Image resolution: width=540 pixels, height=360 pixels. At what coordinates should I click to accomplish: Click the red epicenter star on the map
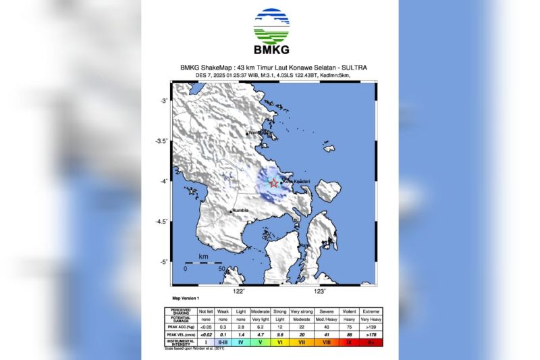pyautogui.click(x=273, y=182)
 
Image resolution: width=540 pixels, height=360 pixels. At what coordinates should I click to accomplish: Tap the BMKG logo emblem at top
pyautogui.click(x=271, y=26)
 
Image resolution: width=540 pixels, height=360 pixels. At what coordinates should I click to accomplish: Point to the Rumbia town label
pyautogui.click(x=240, y=210)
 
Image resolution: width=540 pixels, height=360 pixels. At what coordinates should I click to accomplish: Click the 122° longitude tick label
pyautogui.click(x=238, y=291)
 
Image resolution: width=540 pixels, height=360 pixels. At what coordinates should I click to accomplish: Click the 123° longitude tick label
pyautogui.click(x=319, y=291)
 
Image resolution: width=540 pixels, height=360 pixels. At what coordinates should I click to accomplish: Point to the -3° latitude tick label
pyautogui.click(x=162, y=101)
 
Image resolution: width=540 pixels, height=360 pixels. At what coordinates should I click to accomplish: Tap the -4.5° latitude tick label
pyautogui.click(x=161, y=222)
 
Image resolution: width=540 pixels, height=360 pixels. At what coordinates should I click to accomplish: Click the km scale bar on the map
pyautogui.click(x=202, y=263)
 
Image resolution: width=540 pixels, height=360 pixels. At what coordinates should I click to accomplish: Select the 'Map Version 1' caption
pyautogui.click(x=186, y=299)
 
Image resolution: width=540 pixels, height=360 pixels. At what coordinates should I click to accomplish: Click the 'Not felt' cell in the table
pyautogui.click(x=206, y=311)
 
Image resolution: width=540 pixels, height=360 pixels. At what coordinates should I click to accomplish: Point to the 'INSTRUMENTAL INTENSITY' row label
pyautogui.click(x=181, y=344)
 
